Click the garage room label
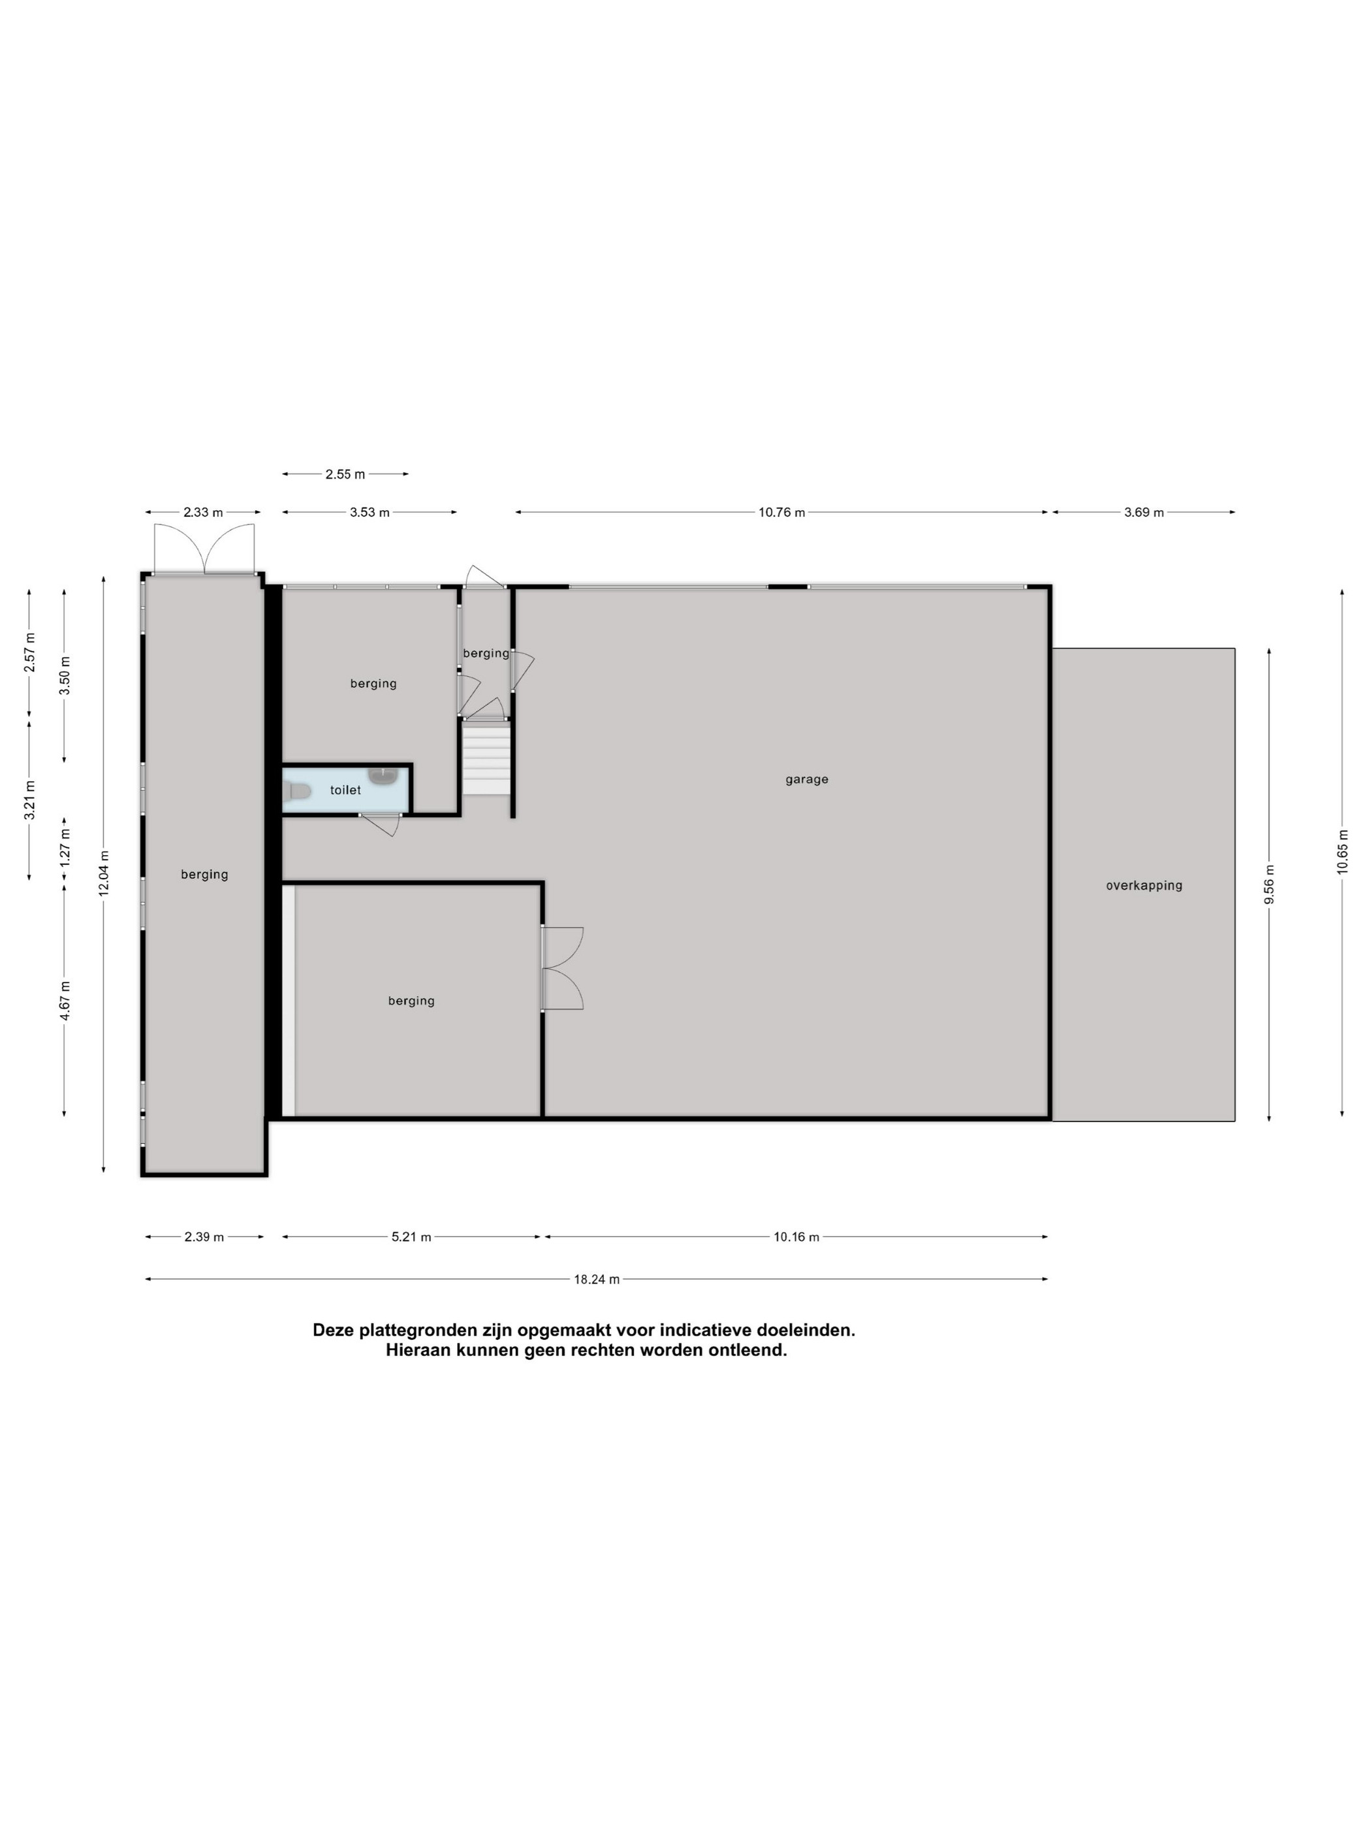(806, 779)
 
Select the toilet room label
(345, 790)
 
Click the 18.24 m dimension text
(597, 1279)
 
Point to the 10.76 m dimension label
(781, 513)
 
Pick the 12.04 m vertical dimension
(103, 873)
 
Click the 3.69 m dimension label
(1144, 513)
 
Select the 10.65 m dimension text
(1342, 851)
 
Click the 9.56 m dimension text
(1269, 884)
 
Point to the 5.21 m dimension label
(411, 1237)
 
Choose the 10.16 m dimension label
(796, 1237)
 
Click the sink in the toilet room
(385, 775)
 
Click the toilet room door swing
(380, 824)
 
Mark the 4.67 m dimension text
(65, 1001)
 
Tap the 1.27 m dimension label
(65, 847)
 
